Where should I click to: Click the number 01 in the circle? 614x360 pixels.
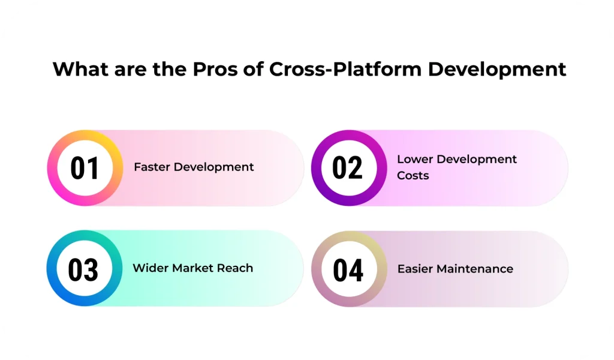[85, 168]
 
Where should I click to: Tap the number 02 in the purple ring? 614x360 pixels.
[348, 168]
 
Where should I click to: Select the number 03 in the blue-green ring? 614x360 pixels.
[83, 269]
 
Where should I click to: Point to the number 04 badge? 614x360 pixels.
[348, 269]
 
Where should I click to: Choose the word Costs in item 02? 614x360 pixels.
[413, 176]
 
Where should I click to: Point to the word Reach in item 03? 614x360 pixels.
[237, 268]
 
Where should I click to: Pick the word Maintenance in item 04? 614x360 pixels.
[475, 269]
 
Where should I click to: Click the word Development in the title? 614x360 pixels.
[497, 70]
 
